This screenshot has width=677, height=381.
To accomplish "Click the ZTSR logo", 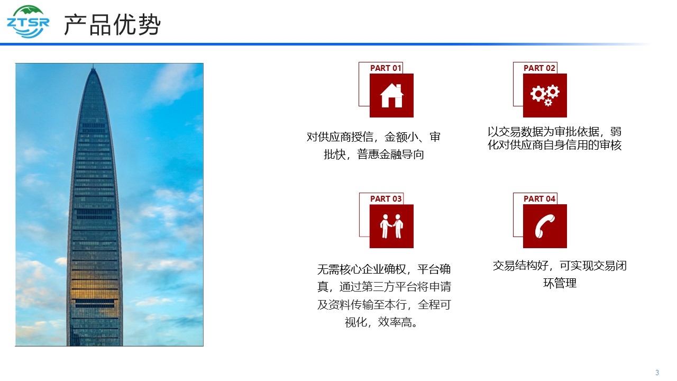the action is tap(28, 22).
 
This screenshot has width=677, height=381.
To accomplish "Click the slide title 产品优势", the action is tap(112, 24).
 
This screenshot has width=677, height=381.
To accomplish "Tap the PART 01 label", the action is tap(386, 68).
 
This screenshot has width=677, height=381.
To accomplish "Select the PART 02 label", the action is tap(539, 68).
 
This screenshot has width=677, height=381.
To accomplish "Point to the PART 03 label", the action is tap(386, 198).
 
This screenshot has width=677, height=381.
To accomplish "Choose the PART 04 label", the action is tap(539, 198).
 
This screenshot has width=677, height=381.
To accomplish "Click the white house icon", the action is tap(392, 96).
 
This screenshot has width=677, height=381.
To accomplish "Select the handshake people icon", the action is tap(392, 226).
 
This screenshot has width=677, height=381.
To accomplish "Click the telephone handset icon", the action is tap(545, 226).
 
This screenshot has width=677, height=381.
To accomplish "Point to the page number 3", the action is tap(657, 373).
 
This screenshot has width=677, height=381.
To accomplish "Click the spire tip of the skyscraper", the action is tap(93, 65).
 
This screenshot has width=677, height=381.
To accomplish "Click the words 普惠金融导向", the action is tap(390, 155).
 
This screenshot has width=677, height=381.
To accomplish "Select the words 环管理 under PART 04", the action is tap(560, 283).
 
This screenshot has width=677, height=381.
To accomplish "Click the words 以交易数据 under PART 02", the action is tap(515, 132).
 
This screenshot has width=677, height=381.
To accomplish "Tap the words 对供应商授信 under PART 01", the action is tap(340, 137).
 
